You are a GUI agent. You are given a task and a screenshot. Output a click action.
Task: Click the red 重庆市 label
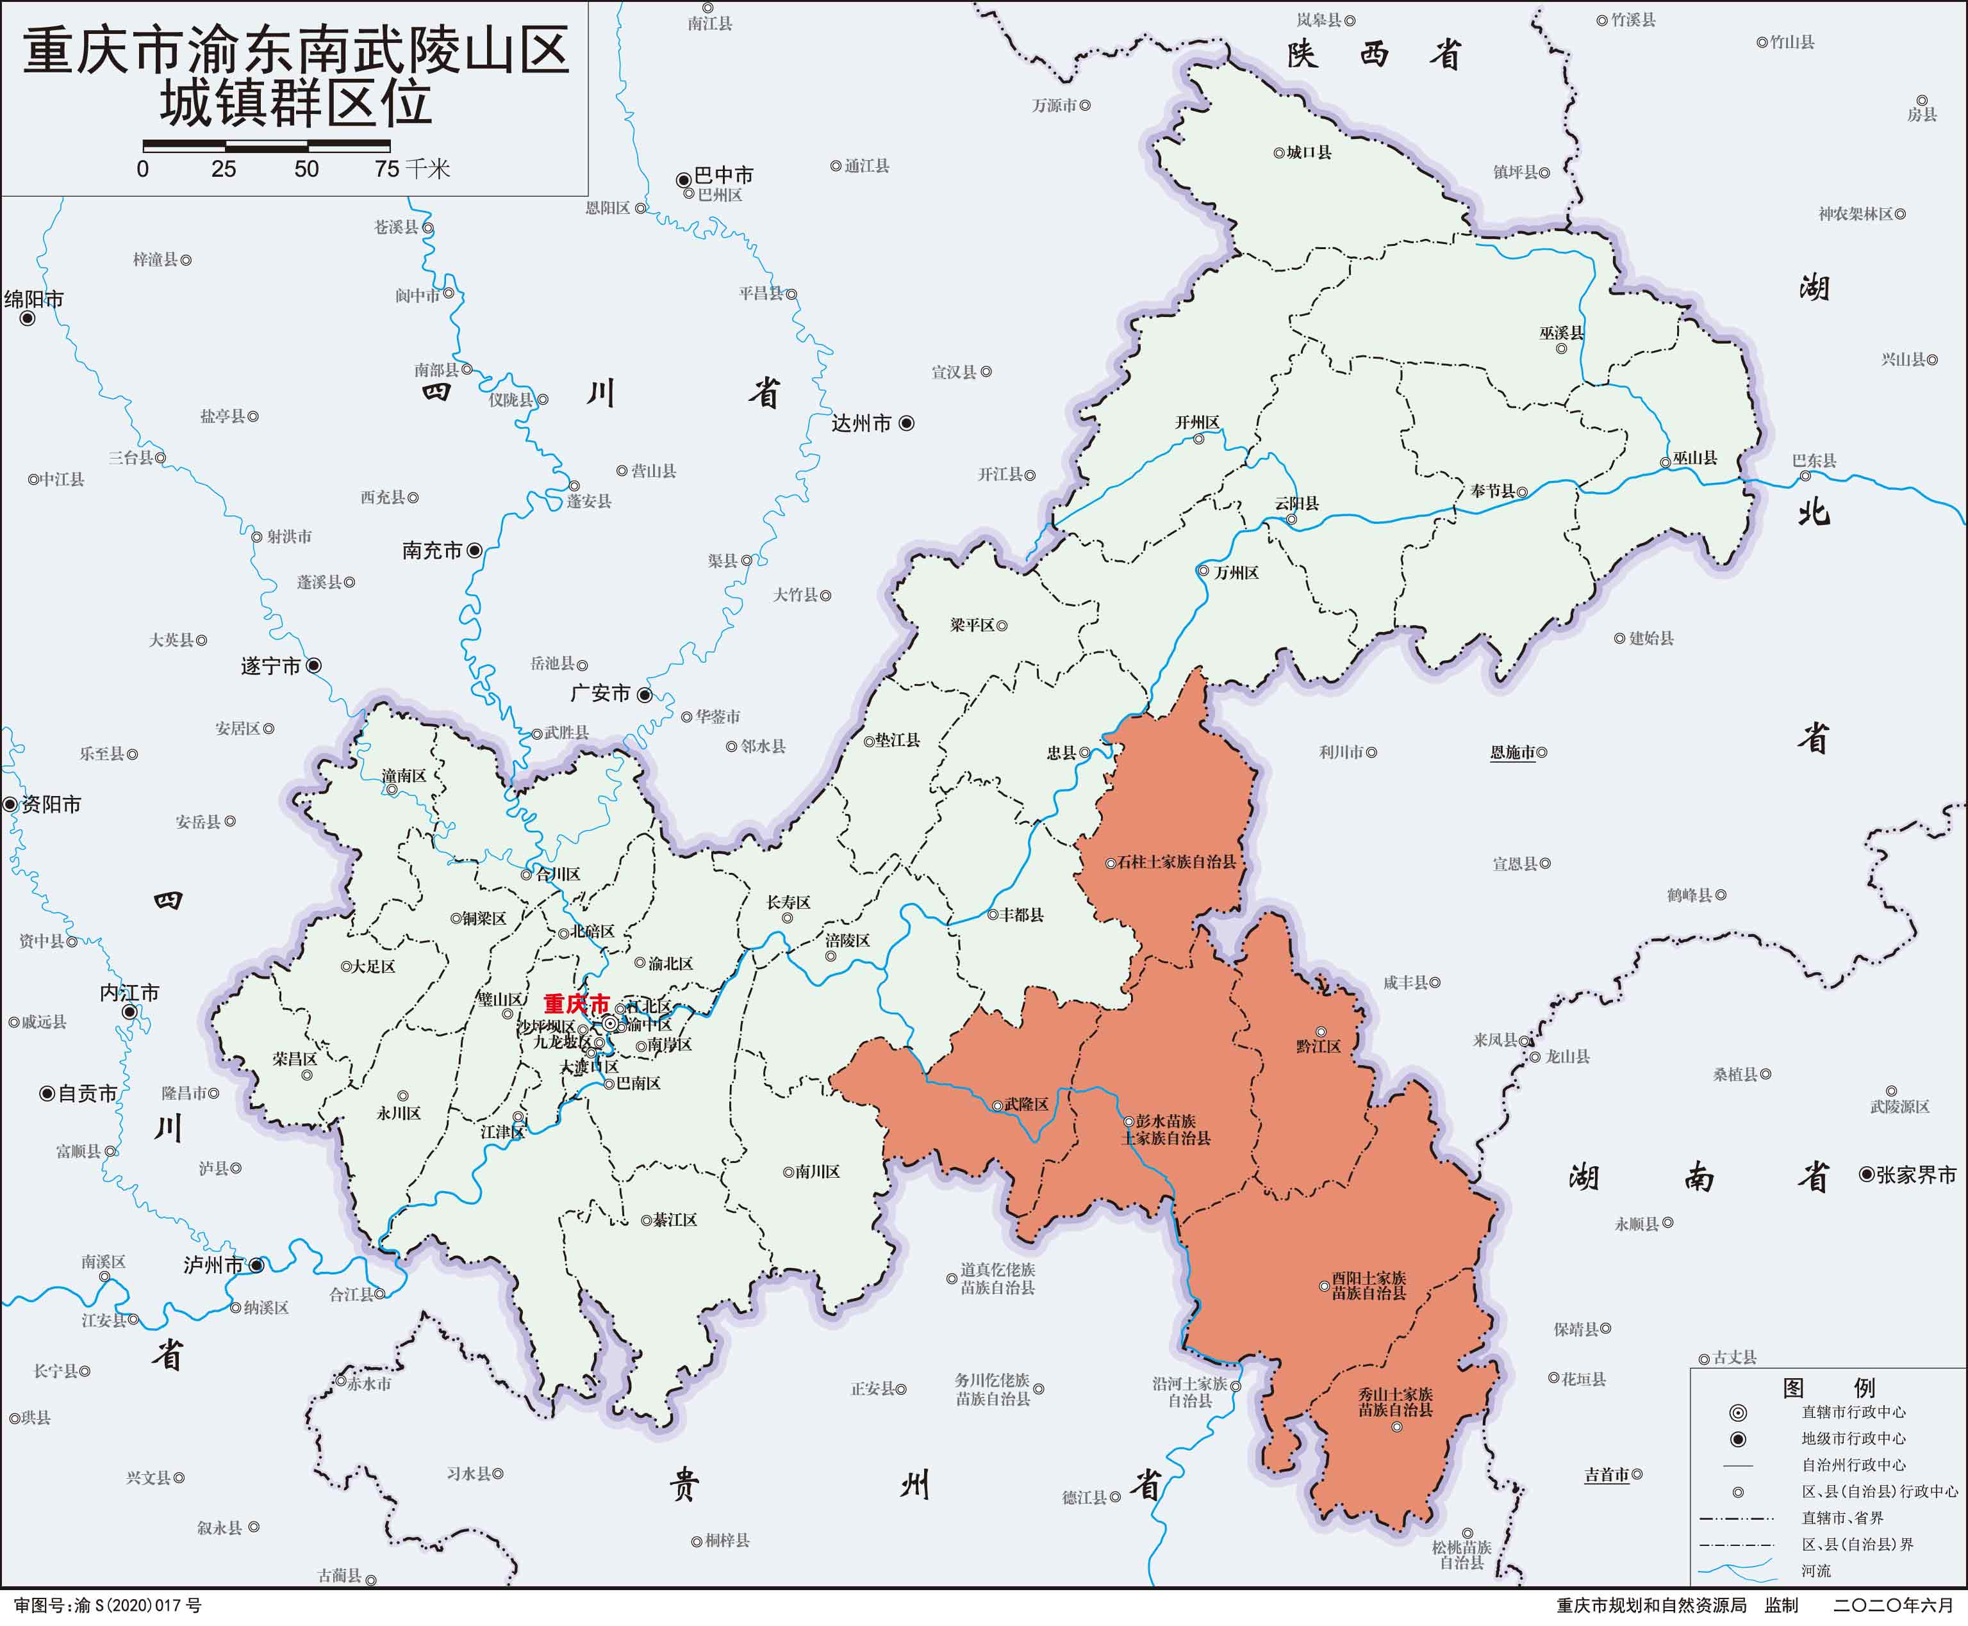[576, 1004]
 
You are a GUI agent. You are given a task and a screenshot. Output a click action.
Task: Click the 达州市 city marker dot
[906, 423]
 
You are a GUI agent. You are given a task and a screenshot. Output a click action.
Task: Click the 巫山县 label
[1695, 458]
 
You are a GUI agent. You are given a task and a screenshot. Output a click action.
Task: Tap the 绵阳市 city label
[34, 300]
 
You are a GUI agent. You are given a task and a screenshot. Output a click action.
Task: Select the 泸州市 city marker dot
[256, 1265]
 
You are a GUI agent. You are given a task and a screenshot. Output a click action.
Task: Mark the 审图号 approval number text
[108, 1606]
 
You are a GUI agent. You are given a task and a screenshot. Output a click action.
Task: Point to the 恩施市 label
[1512, 752]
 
